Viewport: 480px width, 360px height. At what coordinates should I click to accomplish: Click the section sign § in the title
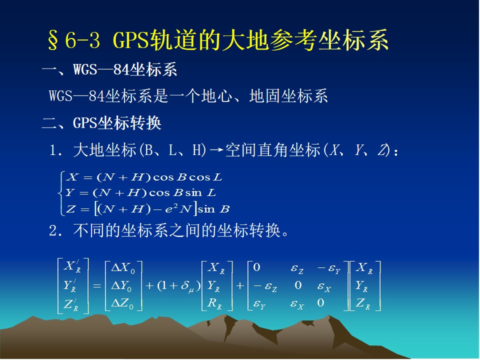pos(52,40)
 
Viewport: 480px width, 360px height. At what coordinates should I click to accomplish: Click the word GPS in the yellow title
pos(131,40)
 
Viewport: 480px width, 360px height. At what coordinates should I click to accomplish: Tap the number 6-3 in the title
pos(82,40)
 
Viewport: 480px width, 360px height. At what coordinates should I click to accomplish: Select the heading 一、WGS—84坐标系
pos(109,69)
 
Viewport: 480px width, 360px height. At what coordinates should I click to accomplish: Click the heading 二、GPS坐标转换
pos(101,123)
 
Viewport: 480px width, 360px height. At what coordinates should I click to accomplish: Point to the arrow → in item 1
pos(216,150)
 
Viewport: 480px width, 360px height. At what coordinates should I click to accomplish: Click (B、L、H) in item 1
pos(172,150)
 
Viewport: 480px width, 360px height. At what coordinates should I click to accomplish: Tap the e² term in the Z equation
pos(171,209)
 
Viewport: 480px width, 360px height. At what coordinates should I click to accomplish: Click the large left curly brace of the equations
pos(60,193)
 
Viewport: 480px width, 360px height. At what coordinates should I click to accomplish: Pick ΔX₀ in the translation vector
pos(123,268)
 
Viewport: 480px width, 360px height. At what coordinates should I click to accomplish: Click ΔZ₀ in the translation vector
pos(122,303)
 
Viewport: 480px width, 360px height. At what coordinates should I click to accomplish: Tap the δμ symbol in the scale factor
pos(187,286)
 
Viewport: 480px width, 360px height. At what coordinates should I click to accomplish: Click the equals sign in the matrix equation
pos(97,286)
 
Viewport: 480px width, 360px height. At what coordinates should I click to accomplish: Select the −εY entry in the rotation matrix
pos(329,268)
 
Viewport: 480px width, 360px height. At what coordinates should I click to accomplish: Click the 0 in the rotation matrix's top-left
pos(256,267)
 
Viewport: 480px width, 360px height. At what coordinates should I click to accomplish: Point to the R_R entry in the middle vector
pos(214,303)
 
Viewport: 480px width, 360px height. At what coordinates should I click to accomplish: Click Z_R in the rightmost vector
pos(363,303)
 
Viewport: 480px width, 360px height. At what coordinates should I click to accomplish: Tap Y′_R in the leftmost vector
pos(70,285)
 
